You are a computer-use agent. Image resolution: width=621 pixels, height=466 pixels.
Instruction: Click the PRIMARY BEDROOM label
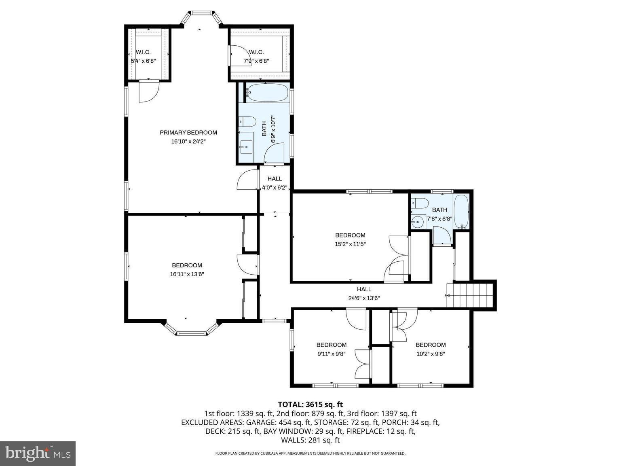188,132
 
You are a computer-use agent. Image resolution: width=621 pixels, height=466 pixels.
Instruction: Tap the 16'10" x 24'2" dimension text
188,142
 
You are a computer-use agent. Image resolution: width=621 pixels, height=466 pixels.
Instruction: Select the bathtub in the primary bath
267,93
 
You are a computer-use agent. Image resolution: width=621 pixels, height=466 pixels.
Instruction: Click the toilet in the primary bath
247,121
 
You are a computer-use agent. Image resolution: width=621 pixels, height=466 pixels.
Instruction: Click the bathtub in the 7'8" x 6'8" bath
461,212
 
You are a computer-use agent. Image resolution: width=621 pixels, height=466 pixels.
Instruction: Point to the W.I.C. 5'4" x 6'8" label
143,57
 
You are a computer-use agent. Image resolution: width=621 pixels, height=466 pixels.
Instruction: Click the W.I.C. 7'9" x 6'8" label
256,57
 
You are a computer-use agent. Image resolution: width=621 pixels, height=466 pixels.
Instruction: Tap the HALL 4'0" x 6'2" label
275,183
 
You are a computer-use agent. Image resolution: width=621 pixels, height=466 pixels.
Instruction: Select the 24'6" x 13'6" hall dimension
364,298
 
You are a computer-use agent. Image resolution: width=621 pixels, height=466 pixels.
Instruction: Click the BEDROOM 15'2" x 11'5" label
350,239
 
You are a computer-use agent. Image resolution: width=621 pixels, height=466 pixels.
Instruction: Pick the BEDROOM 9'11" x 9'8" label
331,349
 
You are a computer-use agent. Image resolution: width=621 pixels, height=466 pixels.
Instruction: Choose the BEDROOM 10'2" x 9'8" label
431,349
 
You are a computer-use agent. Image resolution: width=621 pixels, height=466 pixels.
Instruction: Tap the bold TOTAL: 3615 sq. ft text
310,404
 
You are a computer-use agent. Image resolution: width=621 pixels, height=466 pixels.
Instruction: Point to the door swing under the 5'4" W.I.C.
148,91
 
